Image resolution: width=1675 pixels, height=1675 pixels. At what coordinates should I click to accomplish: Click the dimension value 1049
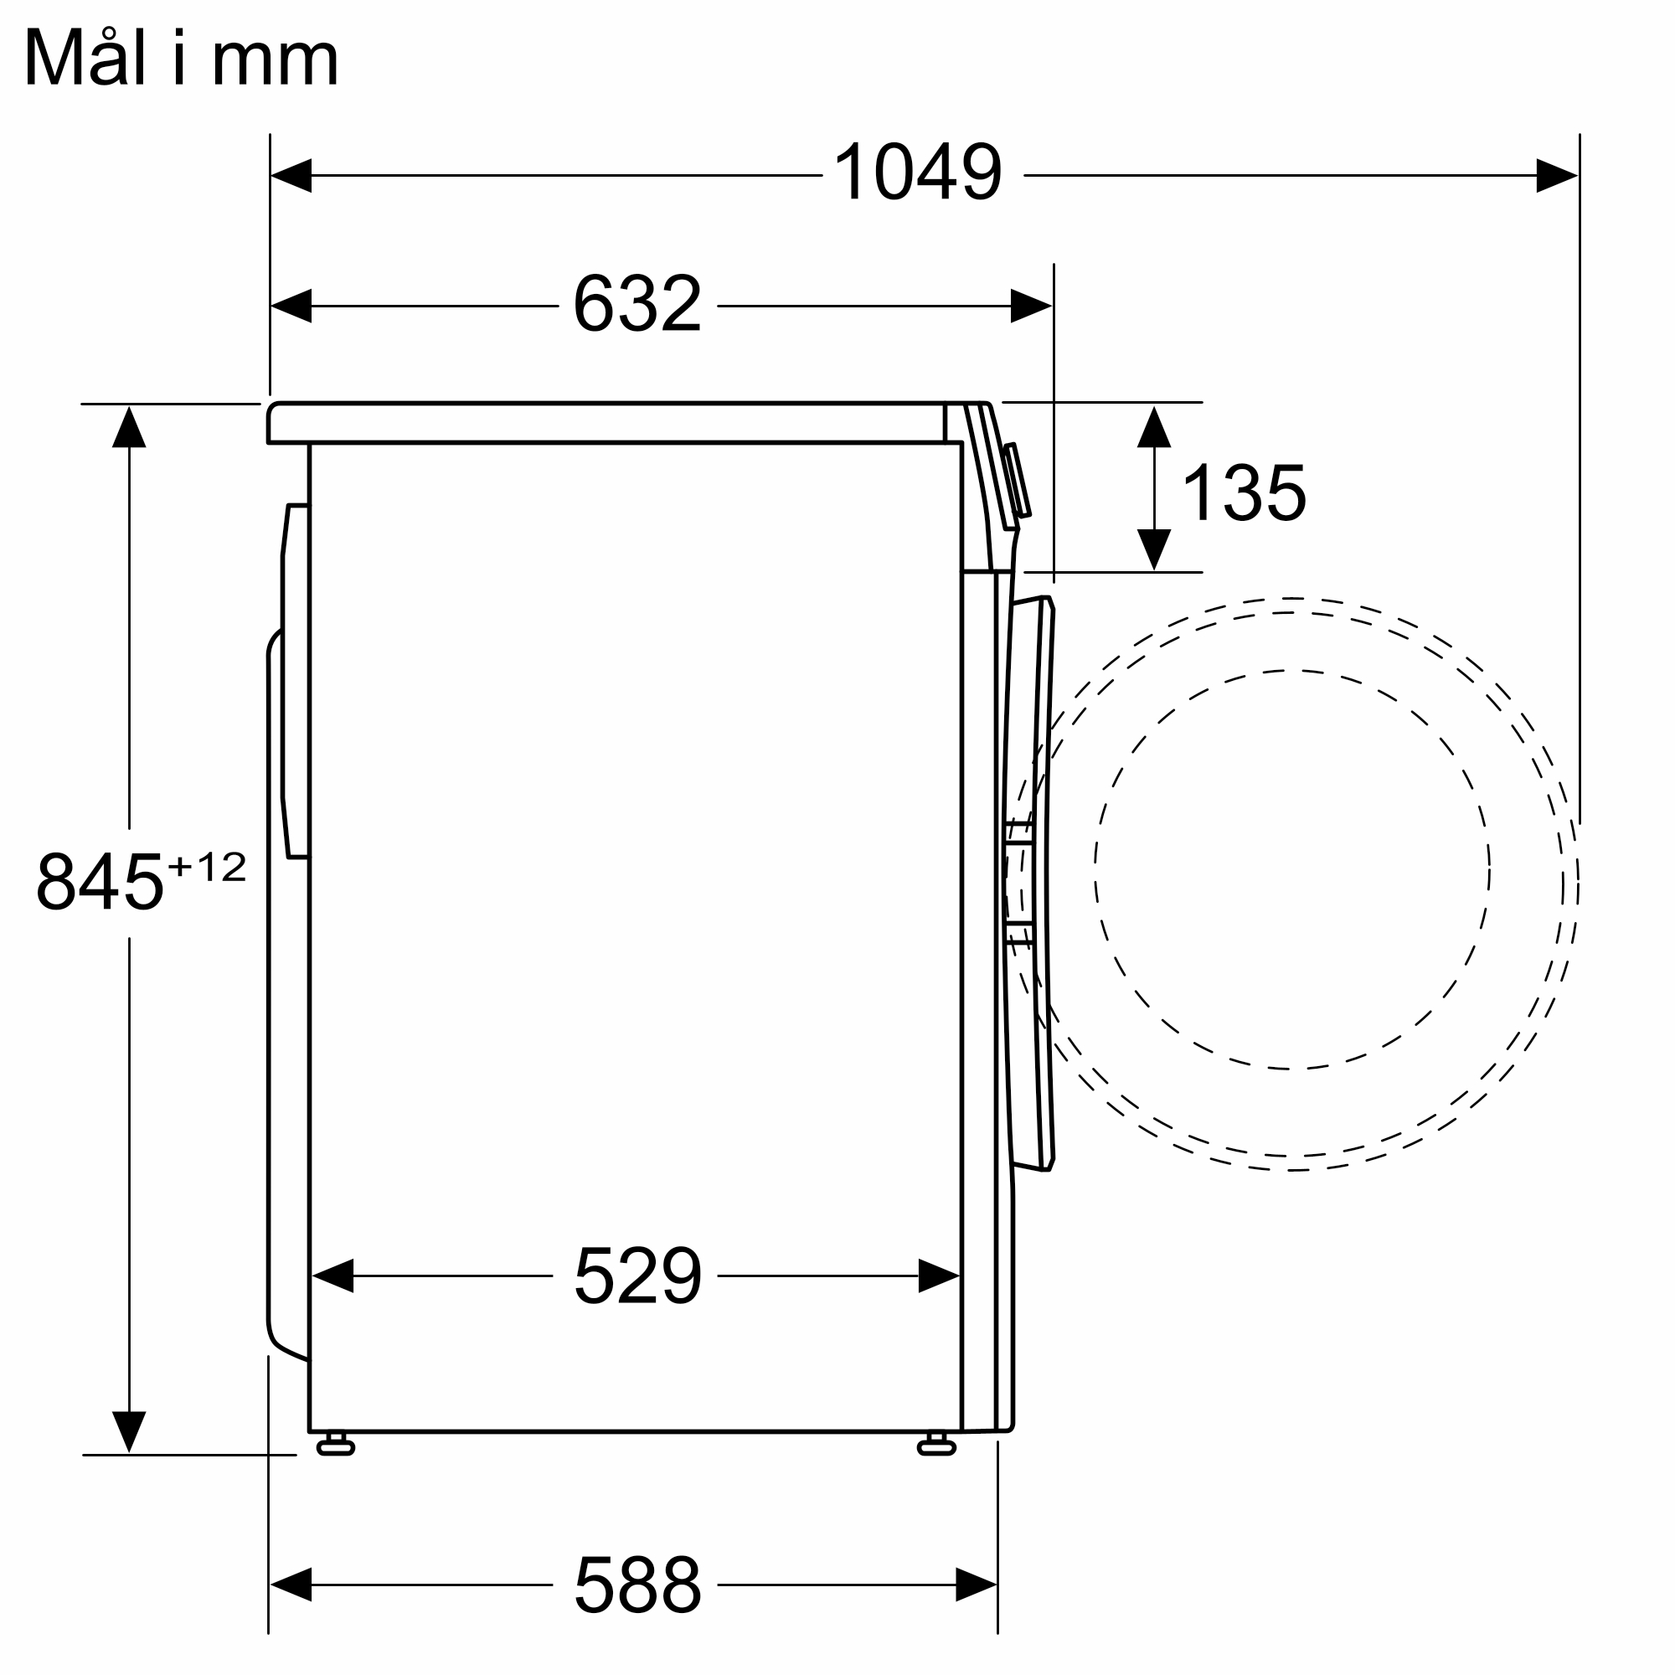tap(917, 172)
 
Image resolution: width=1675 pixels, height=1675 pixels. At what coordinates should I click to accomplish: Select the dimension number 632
tap(637, 303)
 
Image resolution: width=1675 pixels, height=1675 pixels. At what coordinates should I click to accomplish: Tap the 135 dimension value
tap(1243, 492)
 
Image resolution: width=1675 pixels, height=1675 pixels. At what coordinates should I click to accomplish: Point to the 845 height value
tap(100, 881)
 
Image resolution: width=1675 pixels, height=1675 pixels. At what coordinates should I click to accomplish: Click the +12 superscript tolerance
tap(206, 866)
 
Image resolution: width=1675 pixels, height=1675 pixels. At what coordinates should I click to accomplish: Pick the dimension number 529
tap(637, 1276)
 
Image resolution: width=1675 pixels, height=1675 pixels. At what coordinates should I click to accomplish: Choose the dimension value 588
tap(637, 1584)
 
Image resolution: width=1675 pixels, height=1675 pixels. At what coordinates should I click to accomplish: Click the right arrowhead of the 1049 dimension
tap(1555, 175)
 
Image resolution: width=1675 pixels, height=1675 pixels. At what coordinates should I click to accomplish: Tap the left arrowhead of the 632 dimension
tap(292, 305)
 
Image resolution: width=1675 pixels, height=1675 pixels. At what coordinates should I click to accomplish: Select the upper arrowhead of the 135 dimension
tap(1154, 426)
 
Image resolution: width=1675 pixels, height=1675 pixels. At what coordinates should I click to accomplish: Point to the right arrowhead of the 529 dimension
tap(938, 1276)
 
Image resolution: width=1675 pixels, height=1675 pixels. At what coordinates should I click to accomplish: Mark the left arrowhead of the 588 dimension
tap(291, 1584)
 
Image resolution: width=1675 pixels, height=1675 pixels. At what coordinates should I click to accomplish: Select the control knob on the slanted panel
tap(1018, 482)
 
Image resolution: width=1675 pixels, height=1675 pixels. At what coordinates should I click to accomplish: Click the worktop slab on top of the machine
tap(607, 423)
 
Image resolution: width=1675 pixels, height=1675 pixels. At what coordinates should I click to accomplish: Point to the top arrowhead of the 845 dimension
tap(129, 427)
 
